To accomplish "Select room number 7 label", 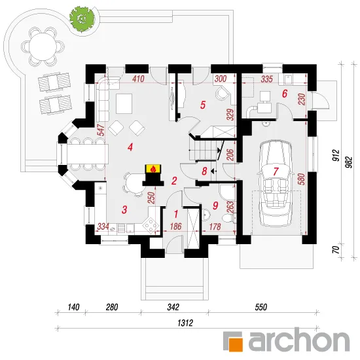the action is click(x=276, y=171).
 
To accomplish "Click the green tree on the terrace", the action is click(x=82, y=17).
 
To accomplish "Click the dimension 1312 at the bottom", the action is click(x=185, y=323).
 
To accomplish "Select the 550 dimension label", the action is click(x=261, y=307).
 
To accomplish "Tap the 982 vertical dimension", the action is click(x=350, y=162).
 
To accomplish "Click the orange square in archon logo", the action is click(x=236, y=344).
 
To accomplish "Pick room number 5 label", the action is click(x=202, y=105).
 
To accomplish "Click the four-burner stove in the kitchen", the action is click(x=151, y=225).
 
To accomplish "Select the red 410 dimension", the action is click(x=138, y=79).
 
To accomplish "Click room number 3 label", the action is click(x=124, y=209).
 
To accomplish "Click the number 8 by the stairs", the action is click(x=204, y=171).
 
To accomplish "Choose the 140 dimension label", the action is click(x=73, y=307).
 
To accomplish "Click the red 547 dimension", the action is click(x=101, y=130).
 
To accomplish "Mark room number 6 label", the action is click(x=285, y=94).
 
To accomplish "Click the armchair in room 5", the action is click(x=223, y=93).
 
